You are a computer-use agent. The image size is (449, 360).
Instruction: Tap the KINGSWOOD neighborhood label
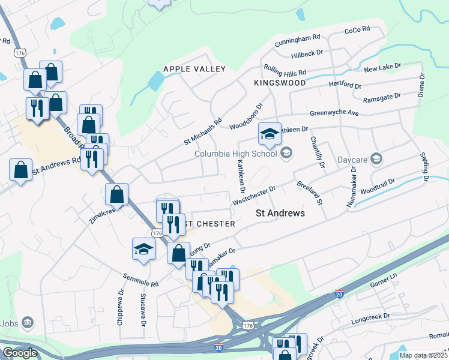tap(280, 83)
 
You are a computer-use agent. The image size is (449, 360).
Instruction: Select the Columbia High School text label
tap(235, 154)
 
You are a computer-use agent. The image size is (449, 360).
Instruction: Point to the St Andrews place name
tap(280, 213)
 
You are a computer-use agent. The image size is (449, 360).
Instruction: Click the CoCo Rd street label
tap(357, 31)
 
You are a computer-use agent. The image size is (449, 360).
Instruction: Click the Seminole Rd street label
tap(140, 280)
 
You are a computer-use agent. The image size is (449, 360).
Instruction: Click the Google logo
tap(20, 353)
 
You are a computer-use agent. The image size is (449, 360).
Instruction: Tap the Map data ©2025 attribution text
tap(424, 355)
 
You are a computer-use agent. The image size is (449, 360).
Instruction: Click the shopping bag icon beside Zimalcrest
tap(116, 194)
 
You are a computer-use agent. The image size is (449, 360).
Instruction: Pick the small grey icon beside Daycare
tap(376, 159)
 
